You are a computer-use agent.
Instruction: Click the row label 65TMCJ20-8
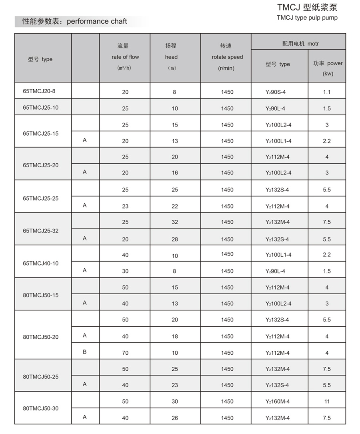click(x=39, y=91)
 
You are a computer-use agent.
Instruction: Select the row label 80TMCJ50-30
click(x=41, y=409)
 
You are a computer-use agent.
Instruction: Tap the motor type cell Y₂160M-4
click(x=278, y=402)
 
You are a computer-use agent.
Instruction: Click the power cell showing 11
click(x=327, y=402)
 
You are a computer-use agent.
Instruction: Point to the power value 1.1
click(x=327, y=92)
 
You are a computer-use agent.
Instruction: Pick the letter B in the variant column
click(x=84, y=352)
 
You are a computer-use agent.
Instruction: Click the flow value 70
click(x=125, y=353)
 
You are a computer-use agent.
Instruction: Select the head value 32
click(x=175, y=222)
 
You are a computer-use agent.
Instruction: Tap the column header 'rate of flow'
click(x=125, y=57)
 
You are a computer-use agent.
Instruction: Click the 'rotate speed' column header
click(x=227, y=57)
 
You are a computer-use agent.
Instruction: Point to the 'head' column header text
click(x=171, y=57)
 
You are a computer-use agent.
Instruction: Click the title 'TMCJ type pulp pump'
click(x=307, y=18)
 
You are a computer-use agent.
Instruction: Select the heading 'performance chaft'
click(x=97, y=21)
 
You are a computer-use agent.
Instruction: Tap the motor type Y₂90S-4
click(x=276, y=92)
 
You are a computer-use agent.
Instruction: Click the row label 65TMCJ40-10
click(x=41, y=263)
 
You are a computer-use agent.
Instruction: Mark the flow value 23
click(x=125, y=206)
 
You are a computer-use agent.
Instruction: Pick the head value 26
click(x=175, y=418)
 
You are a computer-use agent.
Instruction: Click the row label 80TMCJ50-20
click(x=41, y=337)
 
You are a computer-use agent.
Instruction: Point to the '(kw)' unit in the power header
click(x=328, y=74)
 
